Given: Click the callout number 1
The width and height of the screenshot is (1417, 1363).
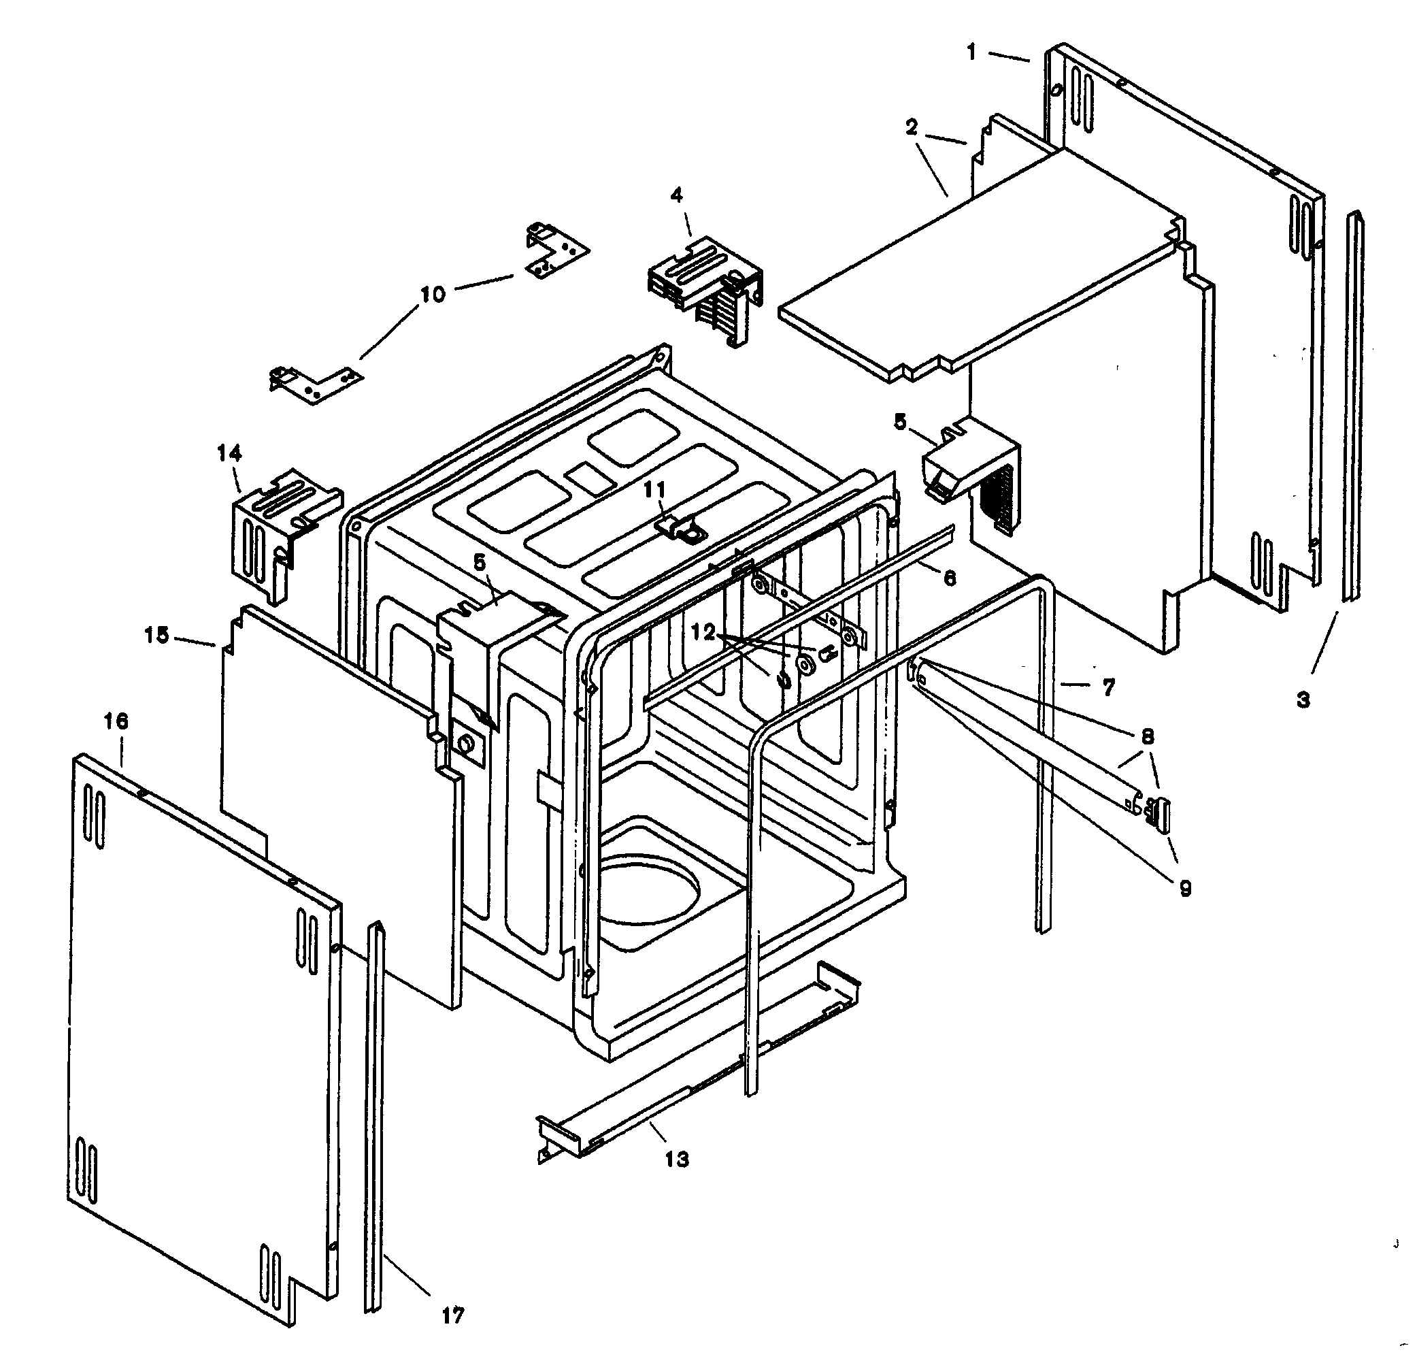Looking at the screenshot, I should (x=972, y=52).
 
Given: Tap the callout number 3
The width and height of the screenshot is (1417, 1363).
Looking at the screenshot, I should (x=1303, y=700).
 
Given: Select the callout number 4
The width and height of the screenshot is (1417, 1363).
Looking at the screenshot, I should (x=677, y=196).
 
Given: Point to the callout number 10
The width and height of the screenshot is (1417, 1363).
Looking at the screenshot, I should (x=433, y=294).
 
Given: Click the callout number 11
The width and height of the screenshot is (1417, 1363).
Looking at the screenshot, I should (x=655, y=489).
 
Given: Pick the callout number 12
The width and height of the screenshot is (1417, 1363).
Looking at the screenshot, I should (x=703, y=633).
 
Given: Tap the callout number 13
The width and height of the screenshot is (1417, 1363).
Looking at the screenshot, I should (x=677, y=1159).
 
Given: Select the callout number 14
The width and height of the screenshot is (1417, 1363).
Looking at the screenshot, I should (x=229, y=453).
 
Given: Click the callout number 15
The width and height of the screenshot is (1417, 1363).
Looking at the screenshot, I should (x=157, y=636).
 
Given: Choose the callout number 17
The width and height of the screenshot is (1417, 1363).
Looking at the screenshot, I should (x=453, y=1315).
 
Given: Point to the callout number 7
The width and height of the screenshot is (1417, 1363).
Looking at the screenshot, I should (x=1108, y=686).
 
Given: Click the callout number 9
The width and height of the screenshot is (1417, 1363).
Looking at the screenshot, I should (x=1185, y=889).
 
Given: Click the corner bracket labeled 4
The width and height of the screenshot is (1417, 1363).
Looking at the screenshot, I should (x=705, y=289).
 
